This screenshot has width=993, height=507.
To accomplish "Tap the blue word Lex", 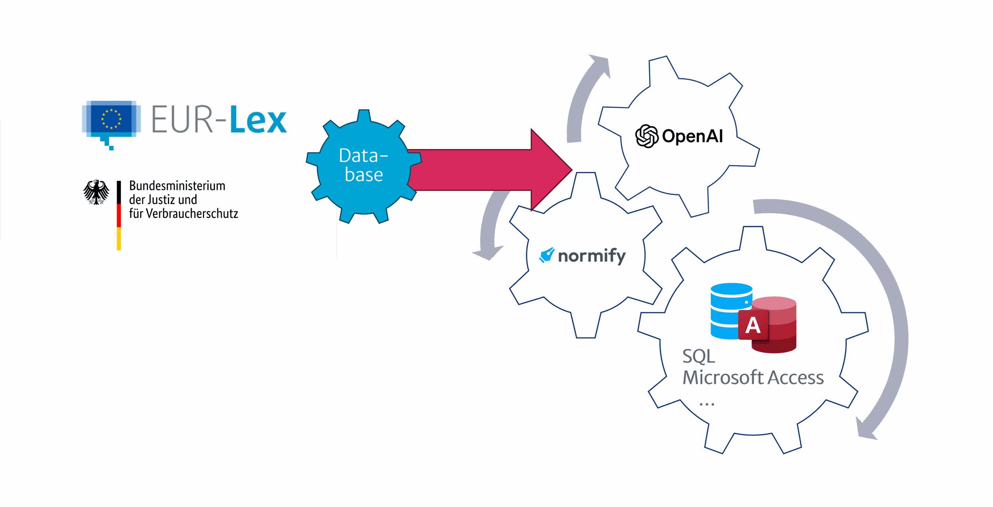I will (x=258, y=119).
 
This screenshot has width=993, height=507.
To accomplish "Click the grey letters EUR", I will (x=182, y=119).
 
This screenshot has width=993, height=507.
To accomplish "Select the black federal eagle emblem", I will (x=96, y=192).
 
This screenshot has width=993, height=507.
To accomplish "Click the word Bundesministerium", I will (x=177, y=186).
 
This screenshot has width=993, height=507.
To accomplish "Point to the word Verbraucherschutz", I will (x=192, y=214).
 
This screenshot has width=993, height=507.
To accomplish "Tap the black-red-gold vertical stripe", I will (x=119, y=215).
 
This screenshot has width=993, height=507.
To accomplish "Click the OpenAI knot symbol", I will (x=647, y=136).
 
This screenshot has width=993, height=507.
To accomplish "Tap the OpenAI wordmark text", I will (x=692, y=136).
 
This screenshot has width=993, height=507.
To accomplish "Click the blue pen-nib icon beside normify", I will (x=547, y=255).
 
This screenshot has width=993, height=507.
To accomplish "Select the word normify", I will (x=592, y=256).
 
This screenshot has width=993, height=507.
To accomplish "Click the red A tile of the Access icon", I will (x=753, y=325).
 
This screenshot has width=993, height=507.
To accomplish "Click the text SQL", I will (x=699, y=356).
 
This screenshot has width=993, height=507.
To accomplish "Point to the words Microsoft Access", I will (x=753, y=377).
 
